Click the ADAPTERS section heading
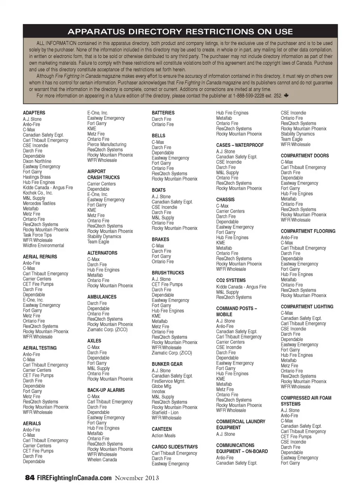coord(34,113)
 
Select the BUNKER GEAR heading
coord(167,364)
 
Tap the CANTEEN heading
coord(162,429)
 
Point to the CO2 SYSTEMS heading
coord(231,280)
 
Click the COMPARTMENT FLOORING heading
coord(308,231)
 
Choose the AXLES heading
coord(94,341)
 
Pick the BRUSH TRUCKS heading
coord(168,273)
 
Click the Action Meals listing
coord(163,436)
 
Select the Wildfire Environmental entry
coord(43,245)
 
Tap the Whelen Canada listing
coord(102,460)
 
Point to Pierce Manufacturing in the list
coord(106,144)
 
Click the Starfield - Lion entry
coord(165,412)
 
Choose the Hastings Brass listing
coord(37,177)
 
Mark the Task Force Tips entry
coord(37,235)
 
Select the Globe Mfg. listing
coord(162,386)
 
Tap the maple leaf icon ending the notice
coord(286,96)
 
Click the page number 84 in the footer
coord(30,478)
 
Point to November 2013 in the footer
coord(136,478)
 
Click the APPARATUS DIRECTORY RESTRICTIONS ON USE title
coord(180,32)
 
